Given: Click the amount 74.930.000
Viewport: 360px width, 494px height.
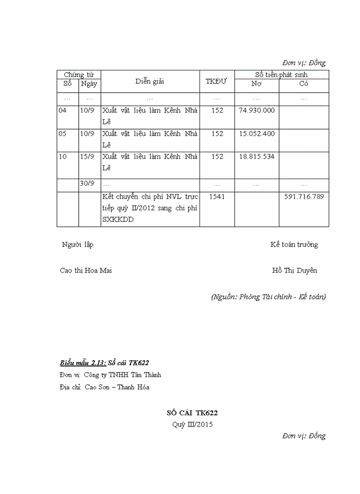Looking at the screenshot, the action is (257, 111).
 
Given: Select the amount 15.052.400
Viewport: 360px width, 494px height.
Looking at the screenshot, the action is (257, 134).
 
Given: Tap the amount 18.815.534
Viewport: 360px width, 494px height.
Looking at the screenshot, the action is (257, 156).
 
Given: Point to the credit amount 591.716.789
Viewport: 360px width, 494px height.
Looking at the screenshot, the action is (304, 197).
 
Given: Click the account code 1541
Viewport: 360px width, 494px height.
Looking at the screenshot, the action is (217, 197).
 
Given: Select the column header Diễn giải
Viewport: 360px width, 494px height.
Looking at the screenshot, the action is (150, 81).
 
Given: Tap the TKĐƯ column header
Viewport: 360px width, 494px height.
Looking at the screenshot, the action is (217, 81).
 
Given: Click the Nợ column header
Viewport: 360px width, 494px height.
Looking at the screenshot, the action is (257, 84).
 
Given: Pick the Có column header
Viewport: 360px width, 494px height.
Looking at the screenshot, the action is (304, 84).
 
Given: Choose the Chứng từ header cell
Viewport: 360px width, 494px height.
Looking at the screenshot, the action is (79, 75).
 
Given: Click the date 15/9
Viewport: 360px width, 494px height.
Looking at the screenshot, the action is (87, 156).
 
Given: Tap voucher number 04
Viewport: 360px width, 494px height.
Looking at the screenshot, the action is (63, 111).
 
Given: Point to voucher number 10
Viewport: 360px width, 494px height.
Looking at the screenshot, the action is (63, 156).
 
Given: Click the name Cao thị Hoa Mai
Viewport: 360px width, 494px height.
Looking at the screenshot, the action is (86, 271).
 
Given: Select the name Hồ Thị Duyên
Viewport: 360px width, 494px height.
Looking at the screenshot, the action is (295, 271).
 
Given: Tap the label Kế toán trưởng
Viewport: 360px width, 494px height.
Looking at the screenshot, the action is (294, 244).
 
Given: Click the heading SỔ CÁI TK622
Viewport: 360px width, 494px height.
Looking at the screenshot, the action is (195, 413).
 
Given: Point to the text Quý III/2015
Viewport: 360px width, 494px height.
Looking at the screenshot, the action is (192, 425).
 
